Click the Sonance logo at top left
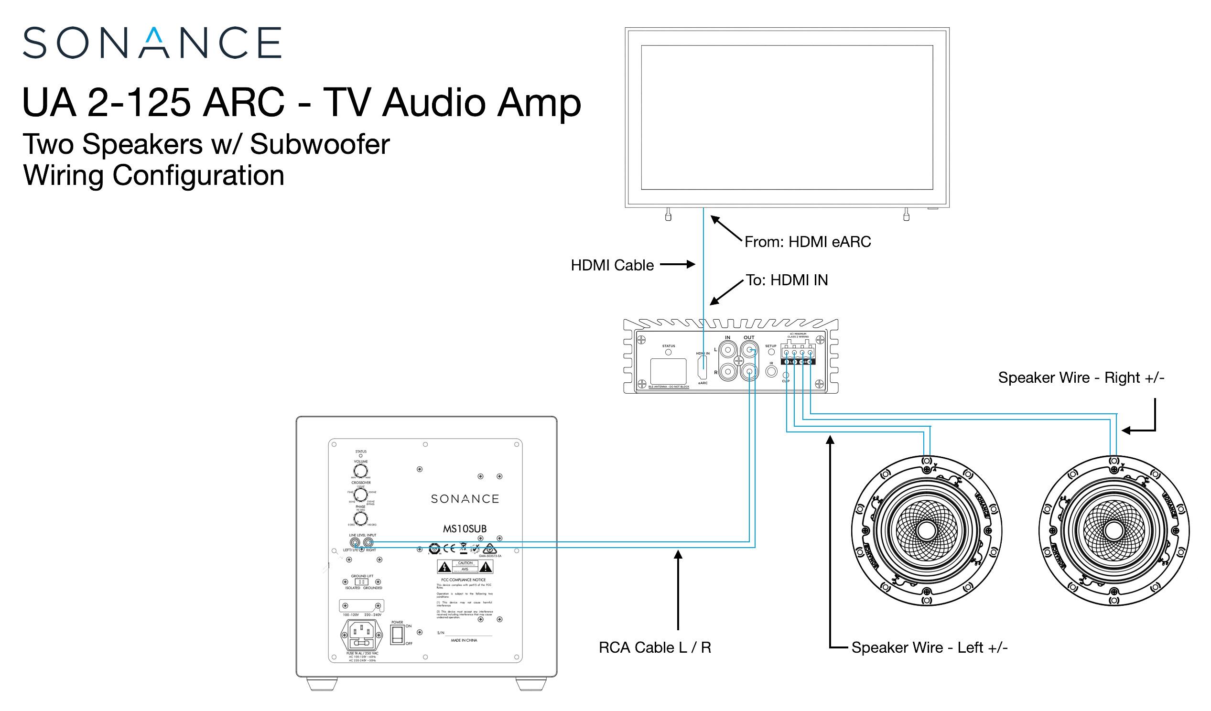point(152,43)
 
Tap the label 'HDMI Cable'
point(612,265)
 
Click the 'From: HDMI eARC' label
point(807,242)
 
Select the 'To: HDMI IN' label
point(787,280)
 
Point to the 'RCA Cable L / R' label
point(655,647)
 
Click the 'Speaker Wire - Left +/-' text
point(929,647)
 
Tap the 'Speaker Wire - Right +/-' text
point(1081,377)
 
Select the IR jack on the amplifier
point(771,371)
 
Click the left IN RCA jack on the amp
point(728,350)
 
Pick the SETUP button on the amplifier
point(771,352)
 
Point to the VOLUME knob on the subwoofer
point(360,471)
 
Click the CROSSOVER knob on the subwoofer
point(360,495)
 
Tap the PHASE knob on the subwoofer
point(360,518)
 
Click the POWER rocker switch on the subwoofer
point(397,634)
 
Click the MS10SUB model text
point(464,529)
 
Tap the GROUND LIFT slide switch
point(361,582)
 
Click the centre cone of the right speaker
point(1114,530)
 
